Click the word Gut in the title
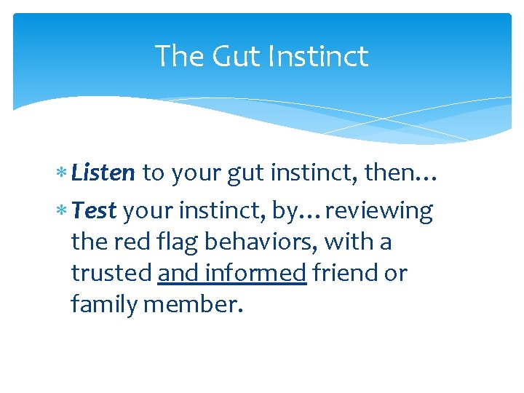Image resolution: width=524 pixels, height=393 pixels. pyautogui.click(x=230, y=57)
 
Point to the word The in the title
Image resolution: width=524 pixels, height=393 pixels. pyautogui.click(x=179, y=57)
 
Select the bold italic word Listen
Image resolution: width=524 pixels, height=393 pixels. pyautogui.click(x=103, y=172)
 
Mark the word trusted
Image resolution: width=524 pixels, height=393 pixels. pyautogui.click(x=111, y=273)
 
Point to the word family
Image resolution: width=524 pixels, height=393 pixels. pyautogui.click(x=104, y=305)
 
